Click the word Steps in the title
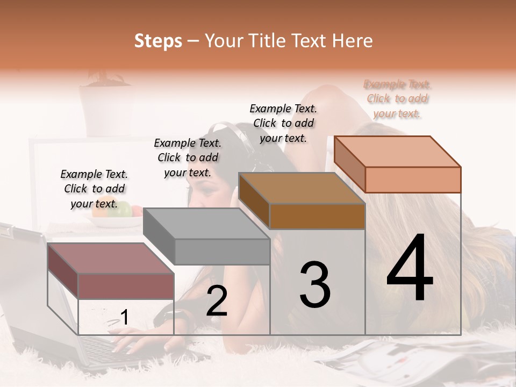[158, 41]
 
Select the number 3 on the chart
[314, 285]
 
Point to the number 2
[217, 302]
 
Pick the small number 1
[125, 318]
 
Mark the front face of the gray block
[222, 252]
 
